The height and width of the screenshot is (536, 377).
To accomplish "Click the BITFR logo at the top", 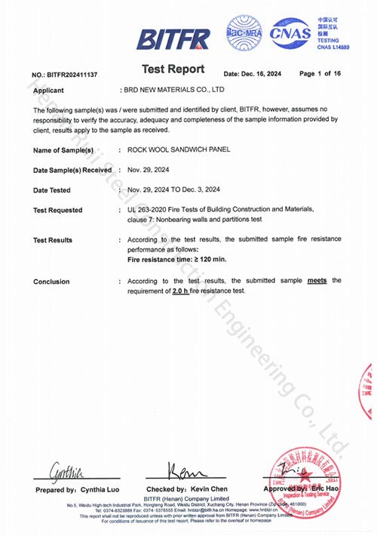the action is coord(173,38).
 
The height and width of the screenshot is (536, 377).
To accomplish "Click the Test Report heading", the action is coord(173,69).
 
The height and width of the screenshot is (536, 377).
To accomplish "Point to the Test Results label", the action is coord(53,240).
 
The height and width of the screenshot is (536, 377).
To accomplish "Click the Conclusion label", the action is coord(51,282).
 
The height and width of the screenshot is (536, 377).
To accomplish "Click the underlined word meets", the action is coord(316,280).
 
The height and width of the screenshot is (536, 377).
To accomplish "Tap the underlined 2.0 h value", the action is coord(183,291).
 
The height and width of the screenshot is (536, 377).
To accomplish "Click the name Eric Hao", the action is coord(325,490).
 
